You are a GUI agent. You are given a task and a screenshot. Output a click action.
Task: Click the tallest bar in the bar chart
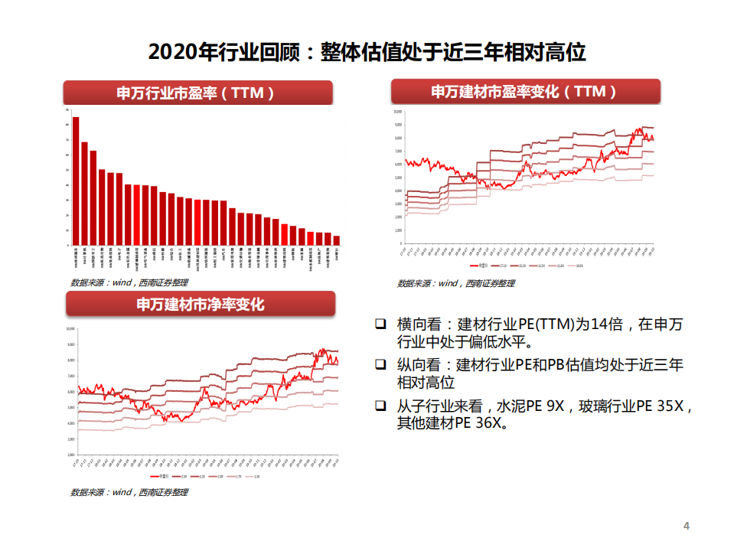coord(76,181)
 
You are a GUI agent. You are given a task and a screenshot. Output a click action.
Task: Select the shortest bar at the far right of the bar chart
coord(337,240)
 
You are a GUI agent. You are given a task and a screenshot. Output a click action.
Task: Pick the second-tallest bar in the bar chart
coord(84,193)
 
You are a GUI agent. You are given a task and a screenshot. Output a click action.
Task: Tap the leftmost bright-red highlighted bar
coord(197,222)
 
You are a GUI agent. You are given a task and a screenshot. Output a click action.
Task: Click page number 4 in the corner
coord(686,526)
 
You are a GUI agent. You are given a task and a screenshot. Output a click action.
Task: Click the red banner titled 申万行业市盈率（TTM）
coord(198,93)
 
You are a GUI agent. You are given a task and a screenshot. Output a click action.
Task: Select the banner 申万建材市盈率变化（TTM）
coord(525,92)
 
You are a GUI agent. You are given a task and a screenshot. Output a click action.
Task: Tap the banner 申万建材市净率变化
coord(201,305)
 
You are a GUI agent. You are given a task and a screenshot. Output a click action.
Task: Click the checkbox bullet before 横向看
coord(380,324)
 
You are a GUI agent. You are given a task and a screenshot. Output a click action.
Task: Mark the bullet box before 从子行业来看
coord(380,405)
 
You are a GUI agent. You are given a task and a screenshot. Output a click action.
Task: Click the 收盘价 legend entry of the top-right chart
coord(481,266)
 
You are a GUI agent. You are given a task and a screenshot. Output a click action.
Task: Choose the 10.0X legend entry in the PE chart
coord(579,266)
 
